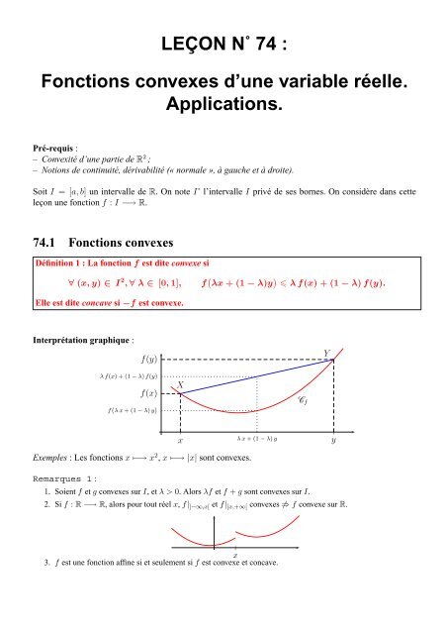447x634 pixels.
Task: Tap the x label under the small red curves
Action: [234, 555]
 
